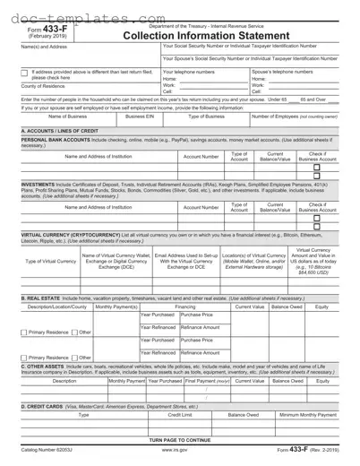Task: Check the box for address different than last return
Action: tap(25, 71)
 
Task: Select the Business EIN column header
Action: tap(141, 116)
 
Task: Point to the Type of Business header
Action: tap(205, 116)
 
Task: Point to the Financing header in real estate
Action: tap(184, 306)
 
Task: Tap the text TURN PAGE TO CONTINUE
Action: tap(179, 442)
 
